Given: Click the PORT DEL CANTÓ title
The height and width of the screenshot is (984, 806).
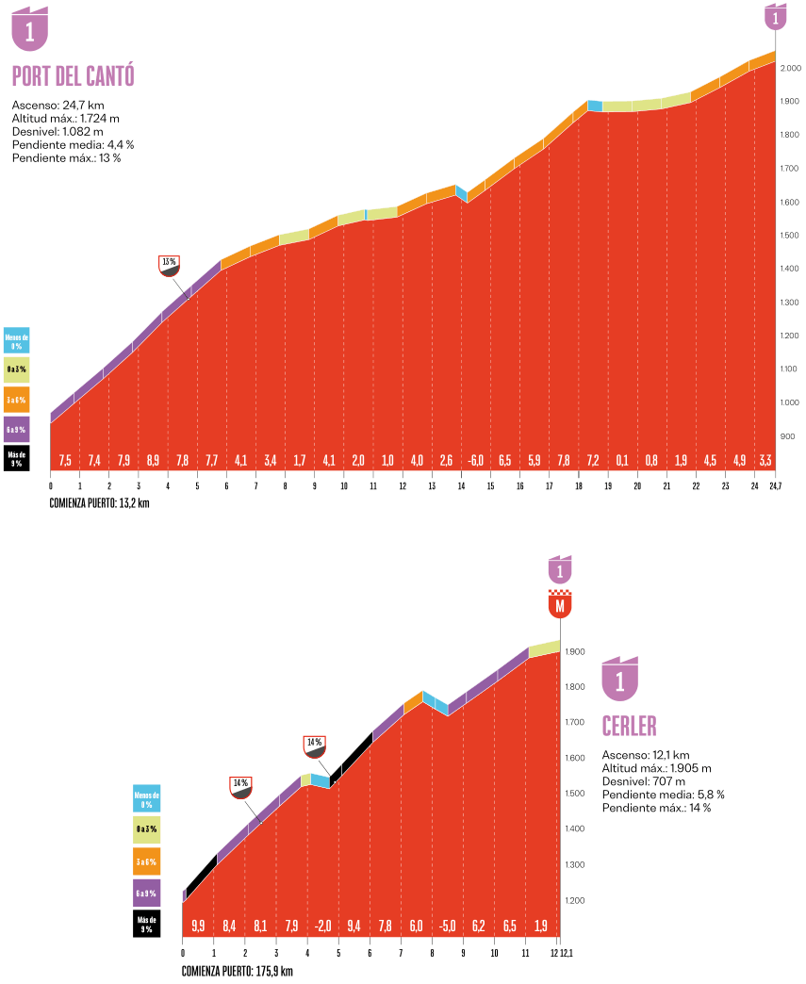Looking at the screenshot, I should pyautogui.click(x=73, y=76).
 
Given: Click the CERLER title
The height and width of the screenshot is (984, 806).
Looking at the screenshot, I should pyautogui.click(x=629, y=726).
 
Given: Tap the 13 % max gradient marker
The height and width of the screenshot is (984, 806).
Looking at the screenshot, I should pyautogui.click(x=170, y=265).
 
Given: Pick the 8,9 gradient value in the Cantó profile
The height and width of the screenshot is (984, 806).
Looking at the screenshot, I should pyautogui.click(x=153, y=461).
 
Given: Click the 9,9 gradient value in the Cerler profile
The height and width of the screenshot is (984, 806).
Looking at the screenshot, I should pyautogui.click(x=198, y=927).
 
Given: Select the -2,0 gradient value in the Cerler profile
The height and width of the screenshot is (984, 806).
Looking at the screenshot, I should pyautogui.click(x=323, y=927).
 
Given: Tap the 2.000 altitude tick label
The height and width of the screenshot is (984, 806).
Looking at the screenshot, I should pyautogui.click(x=790, y=69).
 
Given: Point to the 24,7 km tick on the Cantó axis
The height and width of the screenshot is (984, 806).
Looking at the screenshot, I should pyautogui.click(x=776, y=486).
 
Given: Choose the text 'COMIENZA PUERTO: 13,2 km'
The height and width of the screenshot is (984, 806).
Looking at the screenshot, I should pyautogui.click(x=100, y=503).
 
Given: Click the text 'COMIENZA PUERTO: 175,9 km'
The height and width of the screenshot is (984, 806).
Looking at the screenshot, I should pyautogui.click(x=238, y=971).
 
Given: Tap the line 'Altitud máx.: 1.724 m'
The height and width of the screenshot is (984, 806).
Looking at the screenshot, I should pyautogui.click(x=66, y=119).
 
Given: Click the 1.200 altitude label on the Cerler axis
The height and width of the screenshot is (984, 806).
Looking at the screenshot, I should pyautogui.click(x=575, y=901).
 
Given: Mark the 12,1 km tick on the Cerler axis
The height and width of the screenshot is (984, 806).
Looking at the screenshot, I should pyautogui.click(x=567, y=952).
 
